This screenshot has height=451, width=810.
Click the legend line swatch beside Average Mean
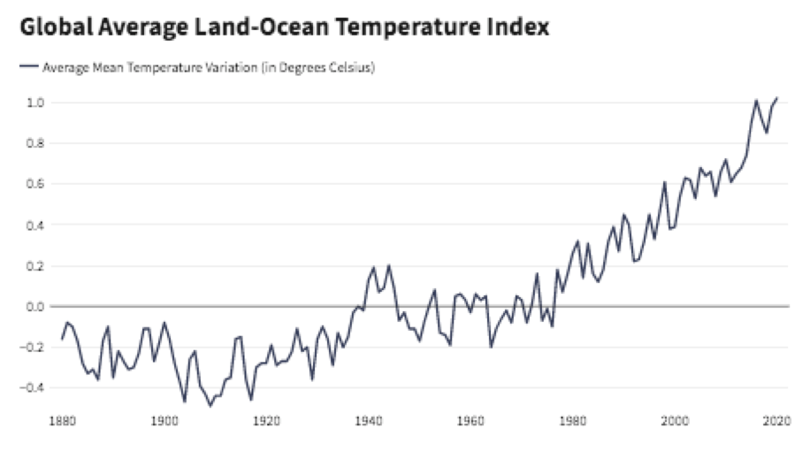click(x=29, y=66)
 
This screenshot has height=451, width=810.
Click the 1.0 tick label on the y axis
click(x=35, y=103)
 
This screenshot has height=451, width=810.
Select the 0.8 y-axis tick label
click(x=35, y=143)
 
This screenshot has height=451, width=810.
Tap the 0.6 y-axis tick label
click(x=35, y=184)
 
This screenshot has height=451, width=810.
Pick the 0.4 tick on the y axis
click(x=35, y=225)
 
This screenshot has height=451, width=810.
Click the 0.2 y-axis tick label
click(x=35, y=266)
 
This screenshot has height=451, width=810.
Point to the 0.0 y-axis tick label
click(x=35, y=307)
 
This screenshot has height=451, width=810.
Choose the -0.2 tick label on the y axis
click(x=32, y=348)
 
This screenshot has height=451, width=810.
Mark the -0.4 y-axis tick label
click(x=32, y=387)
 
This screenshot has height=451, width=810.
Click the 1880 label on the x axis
click(x=62, y=421)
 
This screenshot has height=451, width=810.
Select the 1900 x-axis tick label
click(x=164, y=421)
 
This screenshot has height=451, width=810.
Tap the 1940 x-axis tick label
click(x=369, y=421)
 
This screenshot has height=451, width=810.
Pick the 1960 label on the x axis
click(x=470, y=421)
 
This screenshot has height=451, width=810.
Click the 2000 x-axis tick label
click(x=675, y=421)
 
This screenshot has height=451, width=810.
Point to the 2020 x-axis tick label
click(x=777, y=421)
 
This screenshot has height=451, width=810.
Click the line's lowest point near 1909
click(x=210, y=406)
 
